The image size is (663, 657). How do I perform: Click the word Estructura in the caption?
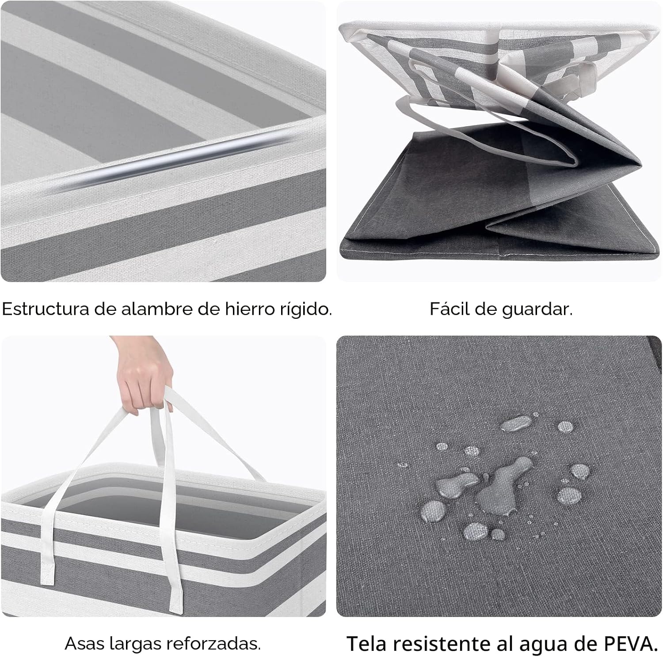tap(46, 310)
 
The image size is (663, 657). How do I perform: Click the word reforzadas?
tap(212, 644)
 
